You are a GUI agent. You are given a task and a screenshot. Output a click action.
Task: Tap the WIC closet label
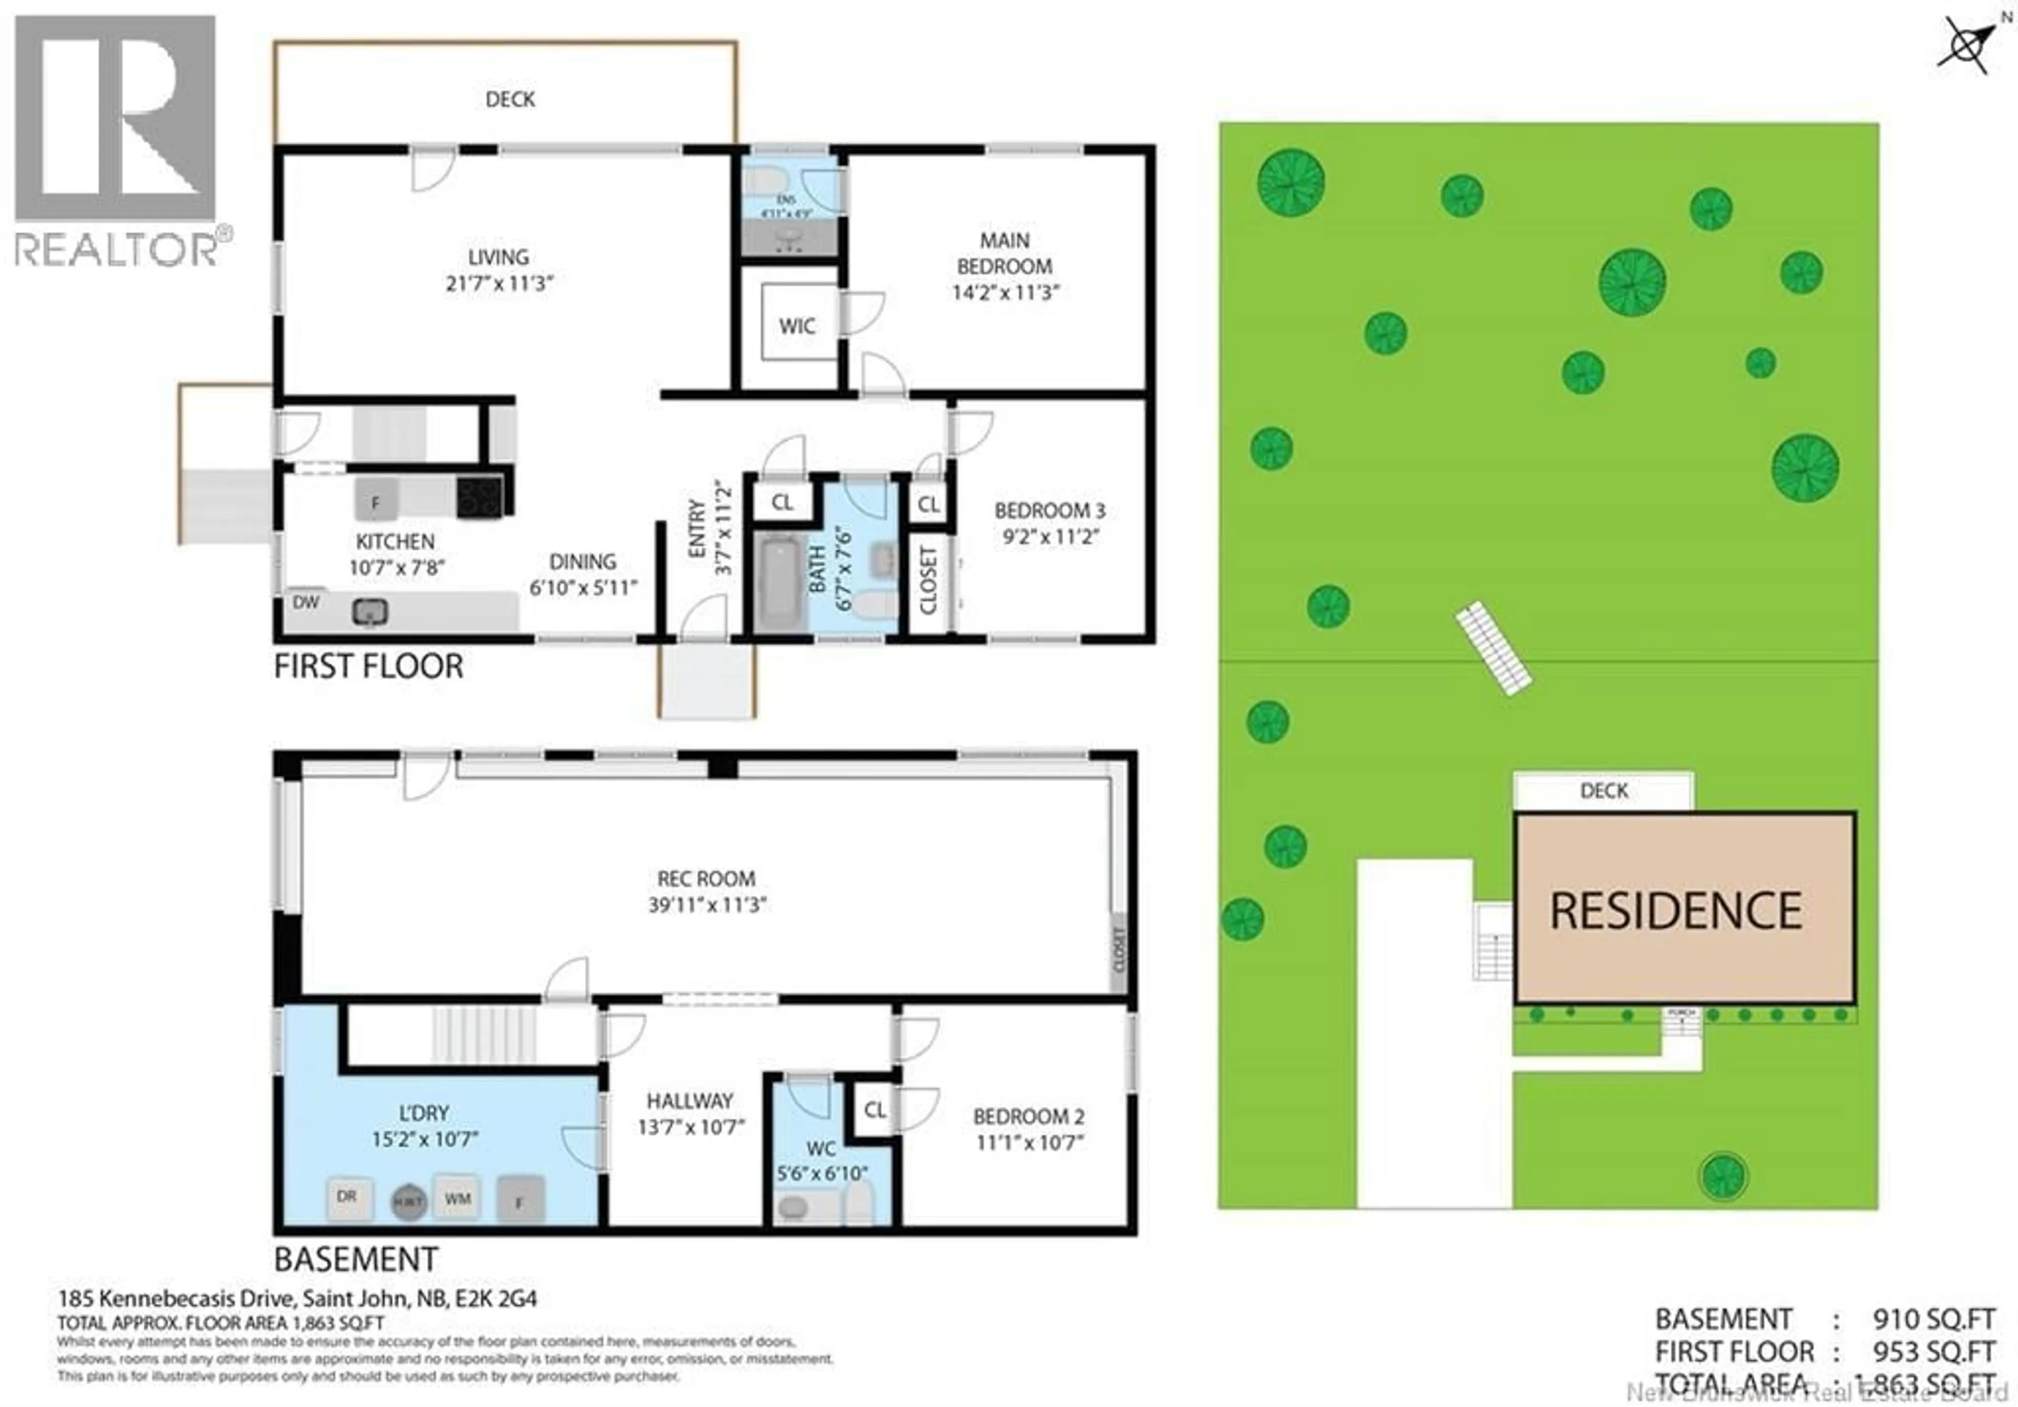click(x=796, y=326)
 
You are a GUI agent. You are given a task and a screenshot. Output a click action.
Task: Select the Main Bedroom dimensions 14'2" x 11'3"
click(x=1005, y=292)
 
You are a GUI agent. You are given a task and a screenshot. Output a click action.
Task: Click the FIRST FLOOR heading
click(x=368, y=666)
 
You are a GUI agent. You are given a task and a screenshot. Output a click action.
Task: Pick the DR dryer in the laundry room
click(x=348, y=1197)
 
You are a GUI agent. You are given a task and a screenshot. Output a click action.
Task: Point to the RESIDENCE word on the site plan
click(x=1676, y=911)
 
